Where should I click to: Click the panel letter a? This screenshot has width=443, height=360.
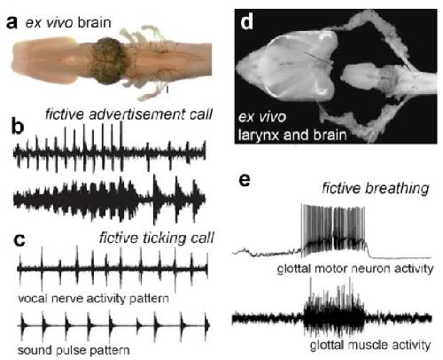coord(12,23)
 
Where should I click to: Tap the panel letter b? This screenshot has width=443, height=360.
coord(18,127)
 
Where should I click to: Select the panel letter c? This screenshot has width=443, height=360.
coord(19,240)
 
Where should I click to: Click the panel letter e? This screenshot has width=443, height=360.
coord(245,180)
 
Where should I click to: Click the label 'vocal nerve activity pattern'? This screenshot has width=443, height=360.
coord(93,299)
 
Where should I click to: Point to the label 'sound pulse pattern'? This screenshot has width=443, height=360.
coord(74,350)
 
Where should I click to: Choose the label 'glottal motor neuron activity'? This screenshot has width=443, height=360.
coord(355,269)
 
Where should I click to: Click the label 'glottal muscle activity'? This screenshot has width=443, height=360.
coord(370,345)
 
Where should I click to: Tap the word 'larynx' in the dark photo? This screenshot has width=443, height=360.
coord(258,136)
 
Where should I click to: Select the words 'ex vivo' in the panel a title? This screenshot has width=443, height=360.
coord(50,23)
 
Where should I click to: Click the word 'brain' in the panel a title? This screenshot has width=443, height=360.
coord(95,23)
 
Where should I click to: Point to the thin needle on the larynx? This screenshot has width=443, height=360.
coord(319,58)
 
